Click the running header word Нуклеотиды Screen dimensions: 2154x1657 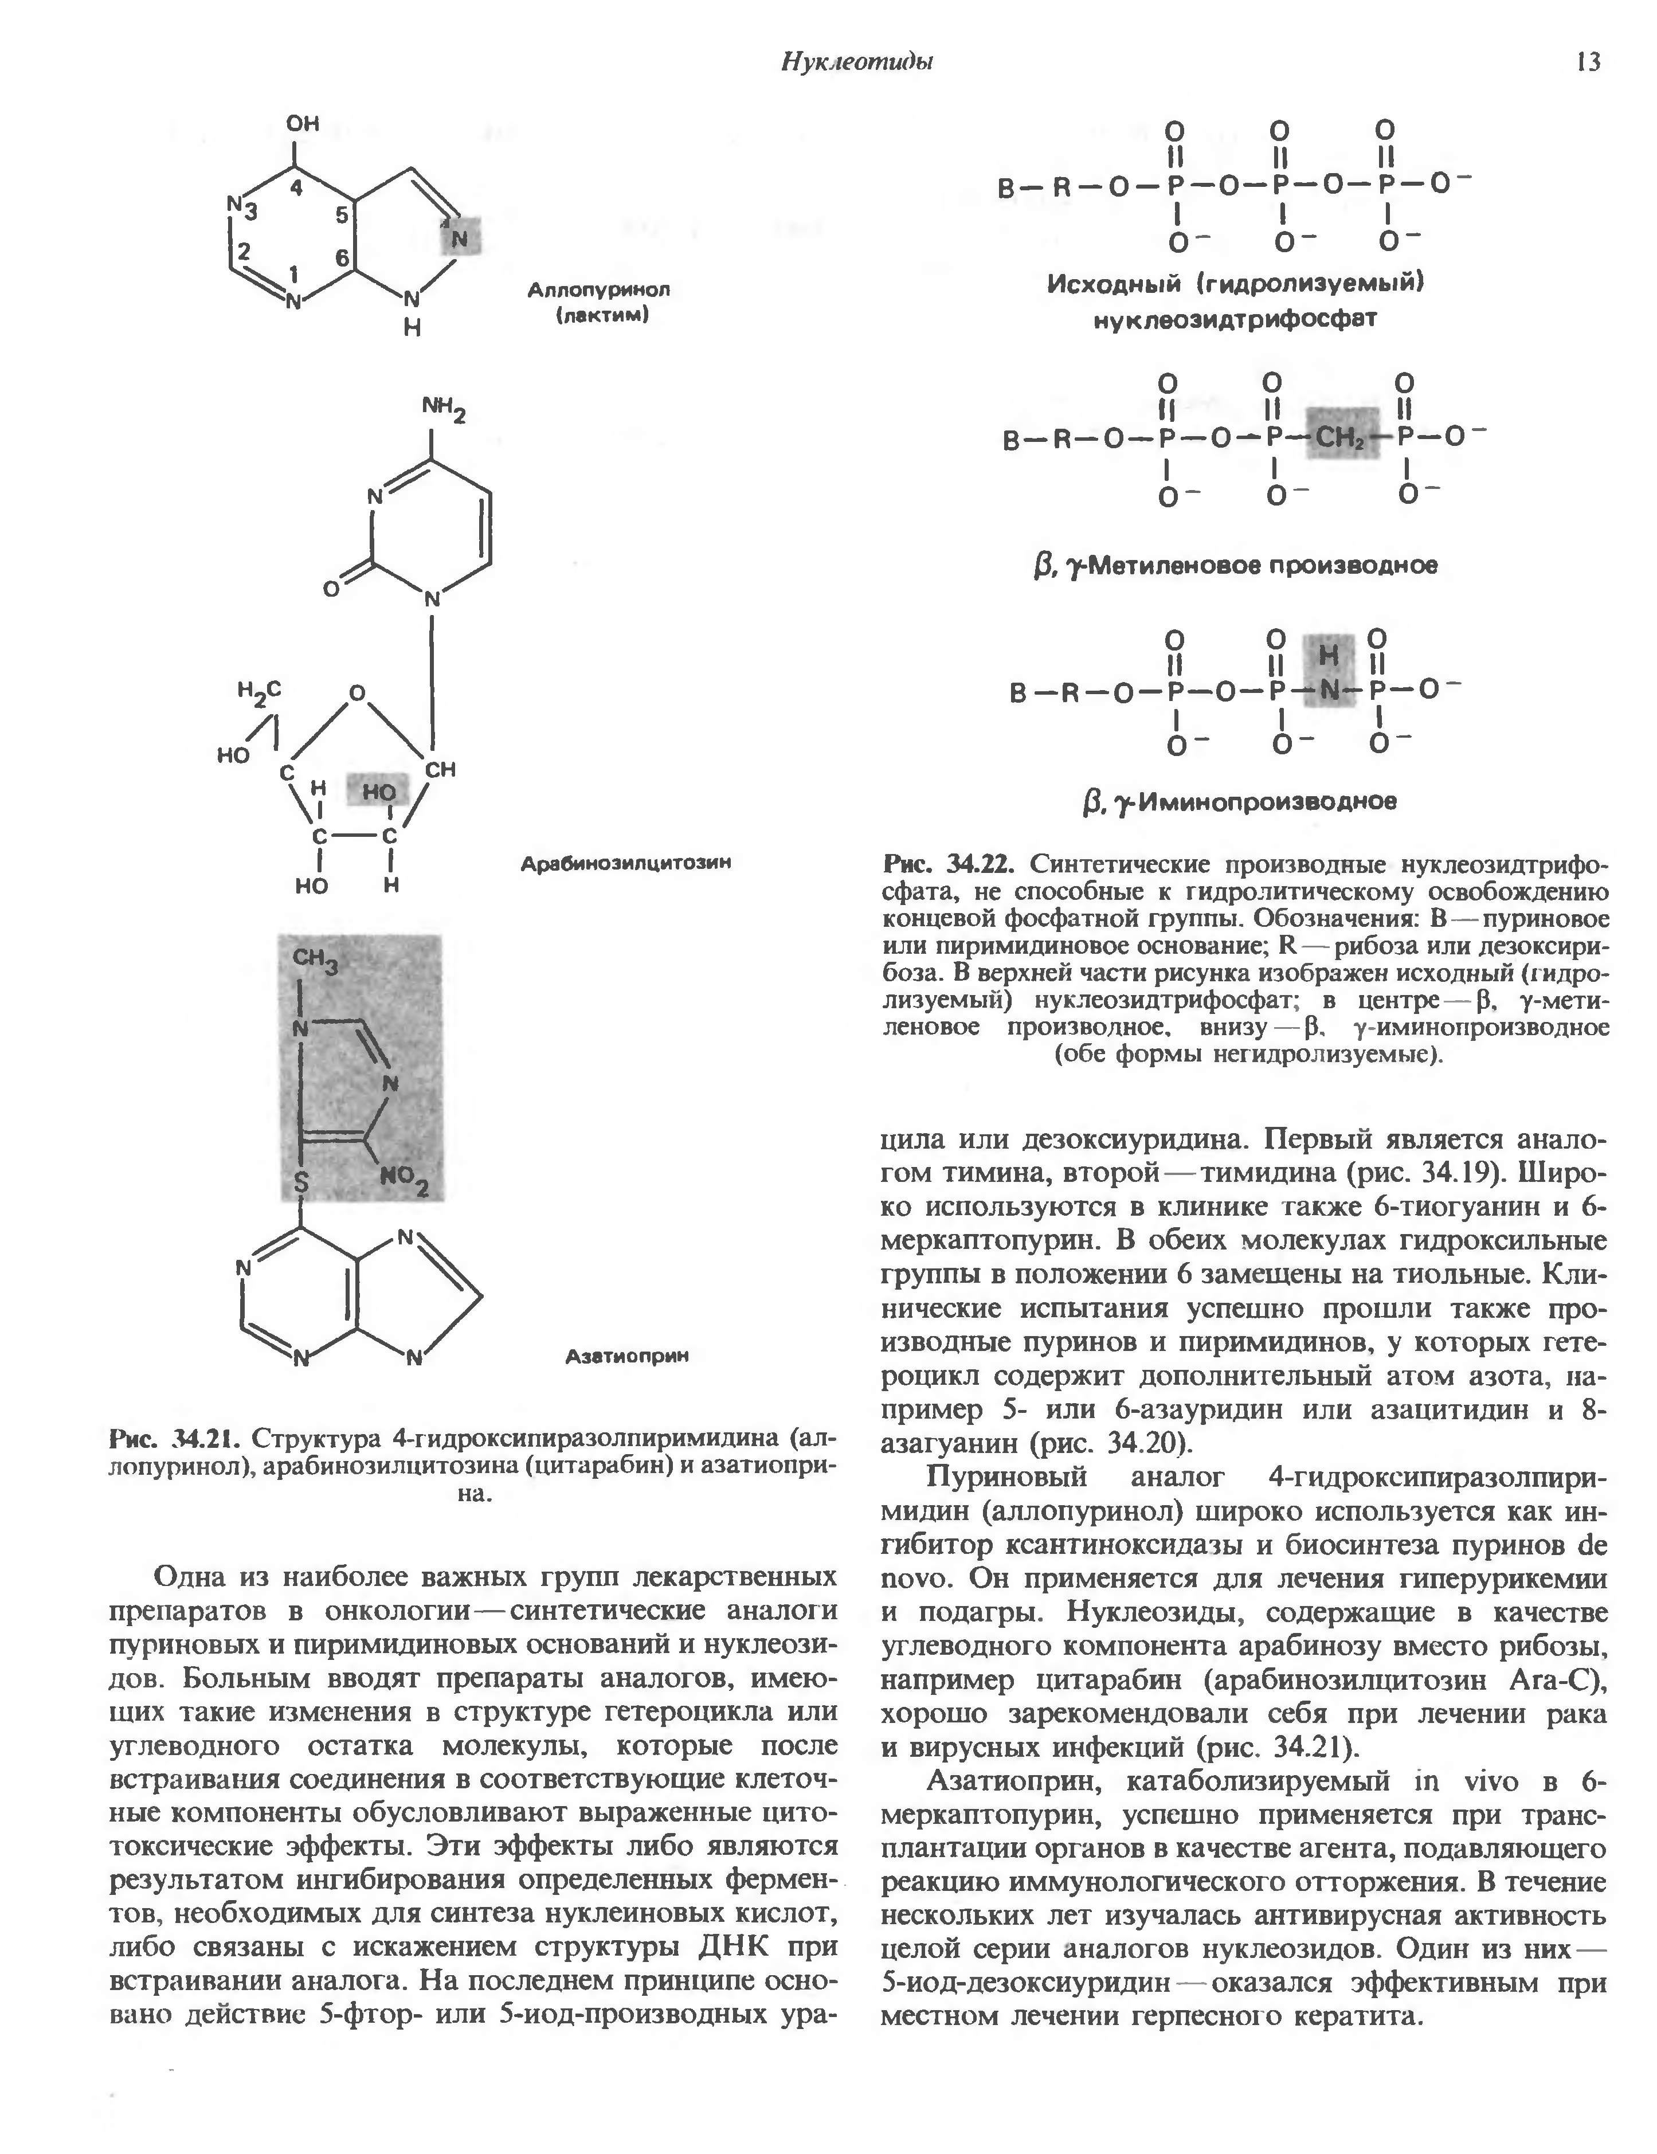coord(857,61)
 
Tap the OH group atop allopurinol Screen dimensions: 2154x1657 coord(303,124)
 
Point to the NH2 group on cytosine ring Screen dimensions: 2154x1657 coord(443,408)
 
